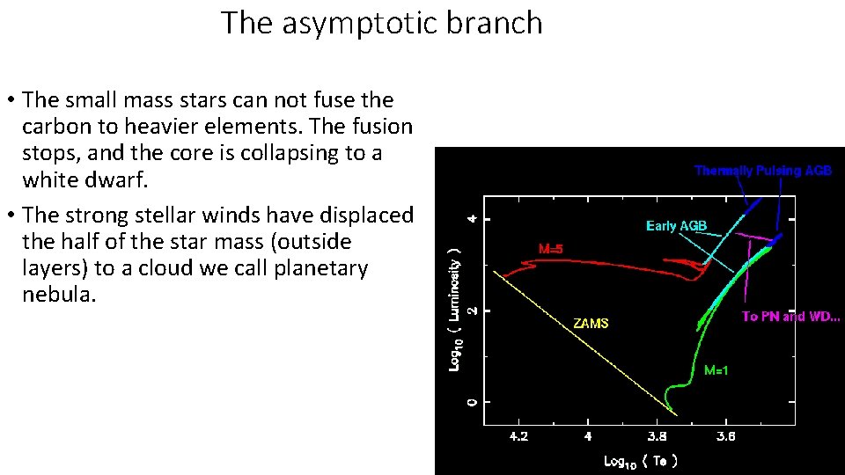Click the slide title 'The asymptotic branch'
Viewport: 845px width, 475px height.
(x=381, y=23)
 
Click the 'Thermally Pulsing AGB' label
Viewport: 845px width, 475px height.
(x=762, y=171)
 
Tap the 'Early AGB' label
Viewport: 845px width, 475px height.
(x=676, y=226)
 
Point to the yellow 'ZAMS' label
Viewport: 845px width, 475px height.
(x=591, y=324)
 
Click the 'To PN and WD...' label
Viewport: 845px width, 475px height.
(x=790, y=317)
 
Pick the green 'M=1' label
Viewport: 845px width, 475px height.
(x=716, y=371)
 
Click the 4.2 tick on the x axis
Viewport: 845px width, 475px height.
(x=519, y=436)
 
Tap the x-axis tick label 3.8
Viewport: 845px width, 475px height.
(x=657, y=436)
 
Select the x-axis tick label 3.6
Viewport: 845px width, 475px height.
(x=725, y=436)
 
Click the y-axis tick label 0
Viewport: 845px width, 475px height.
(x=472, y=402)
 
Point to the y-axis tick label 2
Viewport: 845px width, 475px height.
(x=472, y=311)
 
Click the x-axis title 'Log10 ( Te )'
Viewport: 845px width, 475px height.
(x=640, y=461)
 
